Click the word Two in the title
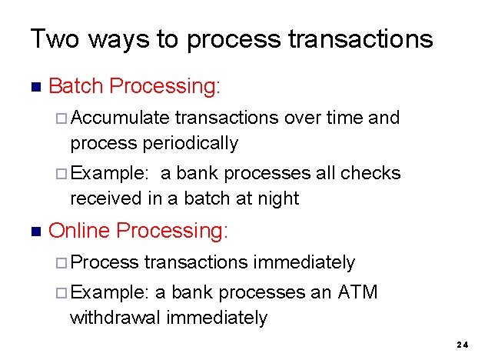(54, 38)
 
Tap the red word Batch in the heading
(76, 85)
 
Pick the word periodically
(190, 143)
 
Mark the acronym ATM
(358, 292)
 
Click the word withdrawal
(118, 318)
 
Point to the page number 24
(462, 345)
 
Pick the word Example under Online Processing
(109, 292)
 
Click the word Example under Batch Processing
(109, 173)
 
